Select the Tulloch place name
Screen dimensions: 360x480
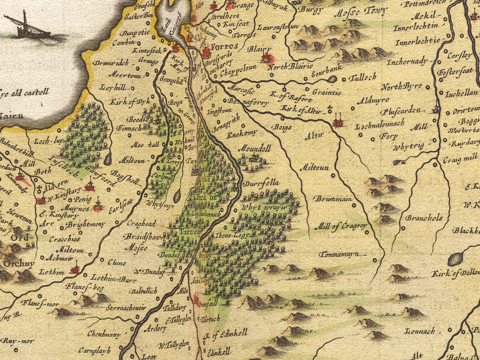(362, 78)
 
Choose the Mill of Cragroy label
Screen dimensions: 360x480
(341, 226)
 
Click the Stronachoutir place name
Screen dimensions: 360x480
(126, 308)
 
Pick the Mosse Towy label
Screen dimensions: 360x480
(360, 11)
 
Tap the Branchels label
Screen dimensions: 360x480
(424, 218)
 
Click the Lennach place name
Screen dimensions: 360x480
(419, 331)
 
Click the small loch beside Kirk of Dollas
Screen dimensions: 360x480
(455, 259)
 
